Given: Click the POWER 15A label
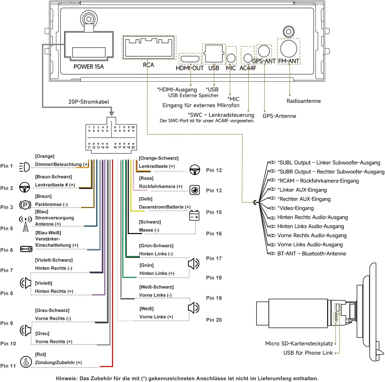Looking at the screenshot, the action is (x=89, y=67).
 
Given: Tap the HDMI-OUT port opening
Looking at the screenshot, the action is (x=190, y=59).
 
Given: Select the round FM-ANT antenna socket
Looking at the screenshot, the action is (x=289, y=49).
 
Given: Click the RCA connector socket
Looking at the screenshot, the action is (x=149, y=47).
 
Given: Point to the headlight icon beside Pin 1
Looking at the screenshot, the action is (x=24, y=167).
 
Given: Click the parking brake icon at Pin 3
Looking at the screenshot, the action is (x=25, y=205).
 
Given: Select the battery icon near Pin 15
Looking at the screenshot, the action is (x=194, y=215).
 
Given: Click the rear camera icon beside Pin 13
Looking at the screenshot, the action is (x=195, y=190).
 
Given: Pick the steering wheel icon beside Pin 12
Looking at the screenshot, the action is (x=195, y=170).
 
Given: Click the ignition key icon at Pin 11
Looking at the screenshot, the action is (x=26, y=362).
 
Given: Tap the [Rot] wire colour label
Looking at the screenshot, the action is (x=40, y=354).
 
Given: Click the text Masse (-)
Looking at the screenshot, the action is (x=149, y=230).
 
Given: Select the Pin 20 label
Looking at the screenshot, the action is (x=214, y=320).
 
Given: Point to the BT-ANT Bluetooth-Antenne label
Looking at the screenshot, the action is (x=312, y=254).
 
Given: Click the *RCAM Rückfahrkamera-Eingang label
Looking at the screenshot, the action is (x=318, y=181).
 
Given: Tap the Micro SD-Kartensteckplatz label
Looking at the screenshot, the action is (x=299, y=344).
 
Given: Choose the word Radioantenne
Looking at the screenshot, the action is (x=304, y=101).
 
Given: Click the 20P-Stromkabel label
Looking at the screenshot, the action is (x=89, y=102).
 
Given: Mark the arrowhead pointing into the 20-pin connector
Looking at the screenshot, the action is (x=112, y=113).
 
